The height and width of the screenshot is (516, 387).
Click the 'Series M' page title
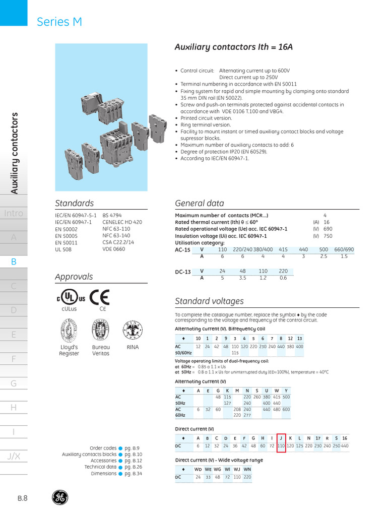(59, 22)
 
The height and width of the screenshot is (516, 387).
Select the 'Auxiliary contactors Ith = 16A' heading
(233, 47)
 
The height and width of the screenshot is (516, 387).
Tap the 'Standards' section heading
(74, 203)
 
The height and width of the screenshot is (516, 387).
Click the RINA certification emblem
(133, 332)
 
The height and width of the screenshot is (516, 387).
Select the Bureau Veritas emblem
(101, 332)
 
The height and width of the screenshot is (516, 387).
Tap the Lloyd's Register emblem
(69, 332)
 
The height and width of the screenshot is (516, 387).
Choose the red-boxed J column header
(281, 438)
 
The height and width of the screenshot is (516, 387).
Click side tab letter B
(14, 262)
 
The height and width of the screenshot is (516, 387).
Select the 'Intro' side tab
(14, 213)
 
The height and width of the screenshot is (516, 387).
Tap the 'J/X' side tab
(14, 456)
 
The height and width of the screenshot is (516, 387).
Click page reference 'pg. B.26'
(134, 467)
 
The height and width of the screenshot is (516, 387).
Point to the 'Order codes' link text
(103, 448)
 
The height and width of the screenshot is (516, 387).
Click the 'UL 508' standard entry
(63, 249)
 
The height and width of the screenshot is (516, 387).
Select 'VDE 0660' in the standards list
(114, 249)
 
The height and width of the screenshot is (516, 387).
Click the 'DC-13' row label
(183, 272)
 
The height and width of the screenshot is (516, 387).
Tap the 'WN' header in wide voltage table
(247, 469)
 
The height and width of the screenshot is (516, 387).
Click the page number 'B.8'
(23, 498)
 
